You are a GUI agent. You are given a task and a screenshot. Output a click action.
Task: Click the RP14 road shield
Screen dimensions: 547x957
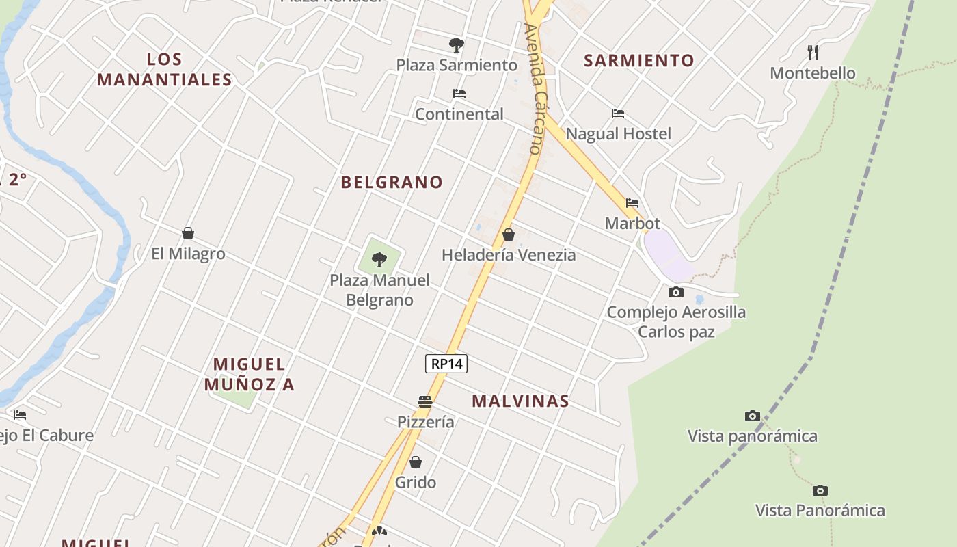(446, 364)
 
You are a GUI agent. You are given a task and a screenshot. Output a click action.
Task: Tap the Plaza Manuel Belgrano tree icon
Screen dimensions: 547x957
(379, 260)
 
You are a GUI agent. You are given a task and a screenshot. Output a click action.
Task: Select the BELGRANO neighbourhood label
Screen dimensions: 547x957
(392, 182)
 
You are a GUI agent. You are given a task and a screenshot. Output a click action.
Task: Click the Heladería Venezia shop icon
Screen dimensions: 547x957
(509, 235)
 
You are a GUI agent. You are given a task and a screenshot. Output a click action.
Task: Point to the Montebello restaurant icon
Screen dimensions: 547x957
(813, 52)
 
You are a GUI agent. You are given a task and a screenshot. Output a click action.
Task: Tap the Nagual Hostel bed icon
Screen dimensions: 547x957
(618, 113)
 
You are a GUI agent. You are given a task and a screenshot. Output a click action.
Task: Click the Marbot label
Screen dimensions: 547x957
(632, 223)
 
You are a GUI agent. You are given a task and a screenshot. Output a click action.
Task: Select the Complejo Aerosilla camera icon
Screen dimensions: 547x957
(675, 292)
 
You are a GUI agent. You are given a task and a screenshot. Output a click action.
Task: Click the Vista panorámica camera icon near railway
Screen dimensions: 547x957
(752, 416)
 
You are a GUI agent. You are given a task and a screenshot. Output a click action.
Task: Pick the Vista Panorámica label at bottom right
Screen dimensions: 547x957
(820, 510)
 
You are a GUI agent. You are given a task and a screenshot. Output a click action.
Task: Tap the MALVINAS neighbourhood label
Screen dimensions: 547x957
(520, 401)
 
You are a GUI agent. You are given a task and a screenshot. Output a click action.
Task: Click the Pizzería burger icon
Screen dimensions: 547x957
(425, 401)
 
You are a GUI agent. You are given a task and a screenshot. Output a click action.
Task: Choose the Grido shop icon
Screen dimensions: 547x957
(416, 462)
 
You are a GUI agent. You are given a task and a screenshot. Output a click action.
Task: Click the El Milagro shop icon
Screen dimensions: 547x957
(188, 233)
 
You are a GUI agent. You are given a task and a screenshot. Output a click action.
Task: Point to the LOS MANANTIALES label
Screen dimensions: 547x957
(164, 69)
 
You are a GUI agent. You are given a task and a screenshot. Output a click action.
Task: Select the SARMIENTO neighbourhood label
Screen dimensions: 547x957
(638, 60)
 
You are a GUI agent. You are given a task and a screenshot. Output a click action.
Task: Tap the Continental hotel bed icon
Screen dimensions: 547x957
(459, 94)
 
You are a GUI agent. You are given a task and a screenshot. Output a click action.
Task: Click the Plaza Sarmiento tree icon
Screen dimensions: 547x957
(457, 45)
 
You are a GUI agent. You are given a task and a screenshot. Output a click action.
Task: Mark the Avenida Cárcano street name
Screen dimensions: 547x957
(533, 89)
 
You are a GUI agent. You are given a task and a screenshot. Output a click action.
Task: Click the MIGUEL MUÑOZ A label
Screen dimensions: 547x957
(249, 374)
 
